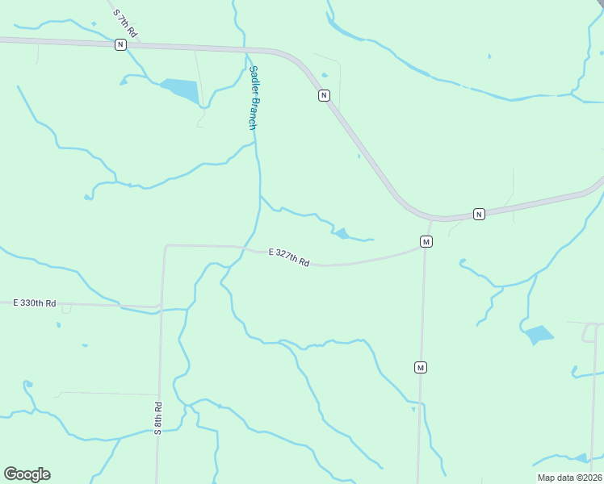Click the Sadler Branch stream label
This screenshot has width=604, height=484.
(x=253, y=98)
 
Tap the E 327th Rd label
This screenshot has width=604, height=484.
(x=289, y=257)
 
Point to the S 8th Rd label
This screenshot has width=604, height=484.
(x=158, y=418)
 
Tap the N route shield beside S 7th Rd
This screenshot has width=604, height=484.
(x=120, y=45)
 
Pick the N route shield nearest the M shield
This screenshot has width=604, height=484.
(x=479, y=214)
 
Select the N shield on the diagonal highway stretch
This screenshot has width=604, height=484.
(x=323, y=95)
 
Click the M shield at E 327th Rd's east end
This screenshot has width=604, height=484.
(x=426, y=241)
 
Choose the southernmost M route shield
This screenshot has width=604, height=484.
(x=420, y=368)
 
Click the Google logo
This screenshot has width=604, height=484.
(x=27, y=474)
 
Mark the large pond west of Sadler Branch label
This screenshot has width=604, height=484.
(x=181, y=90)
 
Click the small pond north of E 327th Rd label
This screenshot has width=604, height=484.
(x=342, y=234)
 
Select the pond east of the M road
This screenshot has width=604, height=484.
(x=539, y=334)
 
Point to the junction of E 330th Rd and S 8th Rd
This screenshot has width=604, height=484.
(x=161, y=307)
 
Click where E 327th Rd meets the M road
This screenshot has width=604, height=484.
(x=423, y=248)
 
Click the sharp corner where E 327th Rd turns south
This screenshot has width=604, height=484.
(x=166, y=245)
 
